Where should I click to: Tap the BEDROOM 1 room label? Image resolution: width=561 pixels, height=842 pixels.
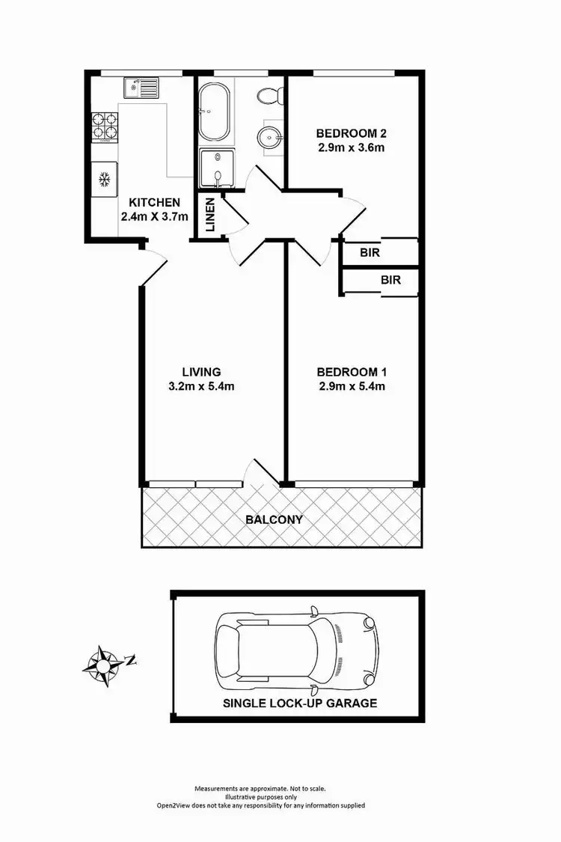click(350, 372)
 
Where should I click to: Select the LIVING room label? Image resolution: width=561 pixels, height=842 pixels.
click(201, 372)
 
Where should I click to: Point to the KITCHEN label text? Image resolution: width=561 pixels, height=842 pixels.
click(154, 202)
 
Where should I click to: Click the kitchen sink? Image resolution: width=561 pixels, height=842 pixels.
click(141, 89)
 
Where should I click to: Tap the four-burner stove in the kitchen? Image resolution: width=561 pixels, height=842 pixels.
click(105, 127)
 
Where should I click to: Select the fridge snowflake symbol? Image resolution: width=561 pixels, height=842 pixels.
click(105, 180)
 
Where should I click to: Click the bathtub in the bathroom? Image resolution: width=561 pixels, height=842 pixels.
click(215, 112)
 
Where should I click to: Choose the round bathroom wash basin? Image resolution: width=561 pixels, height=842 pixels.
click(268, 138)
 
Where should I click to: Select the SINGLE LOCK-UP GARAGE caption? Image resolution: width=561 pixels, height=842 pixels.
click(299, 704)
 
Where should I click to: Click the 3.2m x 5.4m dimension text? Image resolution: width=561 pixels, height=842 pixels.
click(201, 387)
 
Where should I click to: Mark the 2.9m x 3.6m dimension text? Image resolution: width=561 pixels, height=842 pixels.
click(350, 147)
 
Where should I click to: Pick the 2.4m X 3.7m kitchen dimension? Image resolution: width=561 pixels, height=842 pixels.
click(154, 217)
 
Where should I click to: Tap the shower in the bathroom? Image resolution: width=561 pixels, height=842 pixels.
click(216, 168)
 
